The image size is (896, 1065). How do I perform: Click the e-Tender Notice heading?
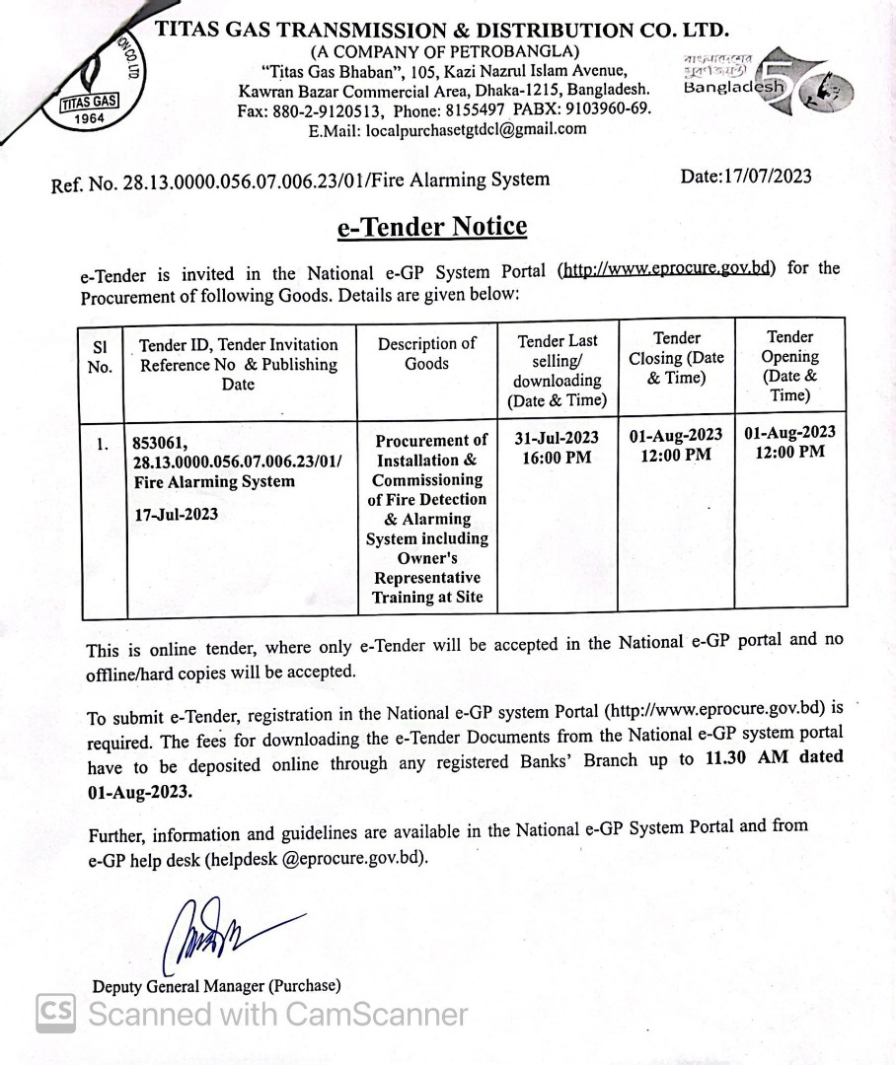(432, 227)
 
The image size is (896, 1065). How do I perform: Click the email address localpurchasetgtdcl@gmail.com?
(476, 128)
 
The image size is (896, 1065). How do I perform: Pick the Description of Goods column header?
(426, 354)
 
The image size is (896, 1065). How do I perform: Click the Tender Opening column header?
(789, 366)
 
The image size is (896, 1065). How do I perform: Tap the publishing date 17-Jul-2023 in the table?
(177, 514)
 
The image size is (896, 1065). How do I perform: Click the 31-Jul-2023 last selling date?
(557, 438)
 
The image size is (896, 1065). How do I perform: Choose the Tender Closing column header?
(676, 357)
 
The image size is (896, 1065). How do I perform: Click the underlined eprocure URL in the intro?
(667, 268)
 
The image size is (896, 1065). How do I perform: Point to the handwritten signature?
(217, 933)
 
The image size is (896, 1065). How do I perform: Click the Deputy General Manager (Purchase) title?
(216, 985)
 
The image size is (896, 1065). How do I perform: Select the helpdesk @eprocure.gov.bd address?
(316, 859)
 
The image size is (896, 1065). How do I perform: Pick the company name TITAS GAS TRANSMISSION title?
(442, 30)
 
